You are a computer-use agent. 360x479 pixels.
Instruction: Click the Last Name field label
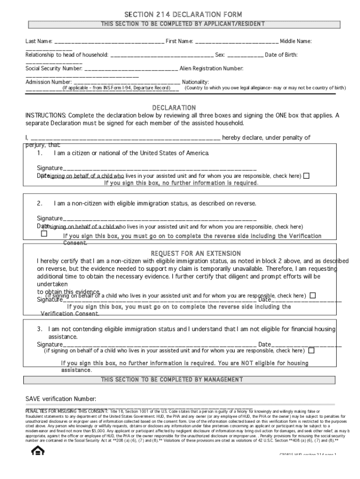click(x=39, y=42)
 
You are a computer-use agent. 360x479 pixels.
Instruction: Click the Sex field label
click(x=220, y=55)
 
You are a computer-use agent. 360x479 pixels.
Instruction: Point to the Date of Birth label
click(x=281, y=55)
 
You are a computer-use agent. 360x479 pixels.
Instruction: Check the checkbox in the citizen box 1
click(x=306, y=176)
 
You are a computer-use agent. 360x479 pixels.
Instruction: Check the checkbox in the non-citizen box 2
click(x=44, y=233)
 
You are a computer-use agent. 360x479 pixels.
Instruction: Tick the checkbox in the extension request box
click(x=313, y=295)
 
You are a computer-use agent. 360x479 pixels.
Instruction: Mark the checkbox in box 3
click(x=311, y=350)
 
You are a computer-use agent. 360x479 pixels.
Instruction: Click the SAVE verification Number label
click(x=60, y=399)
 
